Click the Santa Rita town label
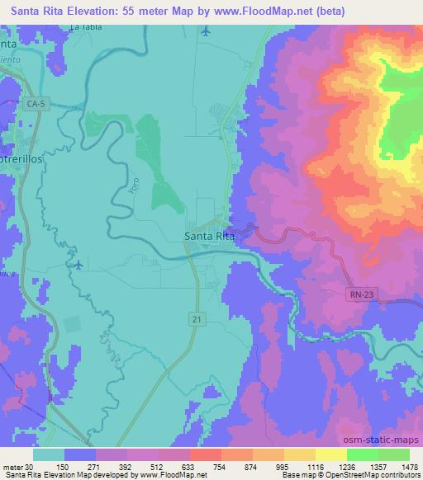tap(208, 237)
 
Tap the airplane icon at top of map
tap(206, 32)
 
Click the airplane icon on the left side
tap(78, 265)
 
